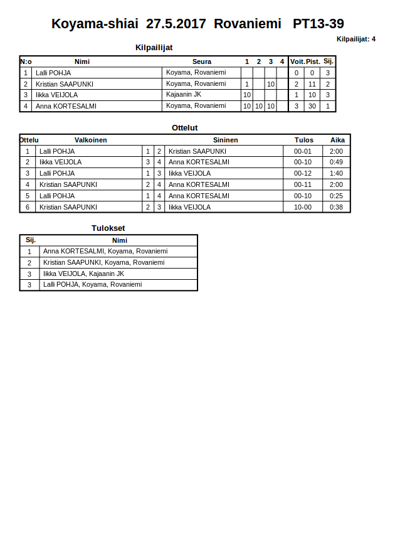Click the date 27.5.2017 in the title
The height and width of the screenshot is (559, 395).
click(x=176, y=24)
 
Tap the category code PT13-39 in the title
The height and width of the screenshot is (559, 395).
click(x=318, y=24)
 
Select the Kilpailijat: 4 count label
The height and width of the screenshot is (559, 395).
click(x=355, y=39)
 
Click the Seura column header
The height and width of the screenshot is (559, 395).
click(x=201, y=61)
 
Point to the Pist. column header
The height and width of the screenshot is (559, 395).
click(x=312, y=61)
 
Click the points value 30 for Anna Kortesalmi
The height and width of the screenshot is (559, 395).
click(x=312, y=106)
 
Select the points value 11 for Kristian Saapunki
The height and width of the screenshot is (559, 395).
click(x=312, y=84)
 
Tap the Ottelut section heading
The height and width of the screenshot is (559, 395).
click(x=184, y=128)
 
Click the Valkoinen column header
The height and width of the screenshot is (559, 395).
click(x=90, y=140)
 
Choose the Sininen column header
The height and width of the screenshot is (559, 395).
click(x=225, y=140)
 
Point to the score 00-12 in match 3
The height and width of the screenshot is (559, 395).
click(x=303, y=173)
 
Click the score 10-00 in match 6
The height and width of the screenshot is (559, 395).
click(x=303, y=207)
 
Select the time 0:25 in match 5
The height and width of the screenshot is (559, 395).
click(x=337, y=196)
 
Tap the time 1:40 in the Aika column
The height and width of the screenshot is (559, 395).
click(x=337, y=173)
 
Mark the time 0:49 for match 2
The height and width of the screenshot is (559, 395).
click(x=337, y=162)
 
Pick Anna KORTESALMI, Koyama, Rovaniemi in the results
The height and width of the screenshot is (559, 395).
click(x=105, y=251)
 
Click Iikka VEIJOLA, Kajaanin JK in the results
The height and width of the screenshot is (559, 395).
click(x=83, y=274)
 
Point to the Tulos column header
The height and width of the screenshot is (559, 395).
click(x=303, y=140)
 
